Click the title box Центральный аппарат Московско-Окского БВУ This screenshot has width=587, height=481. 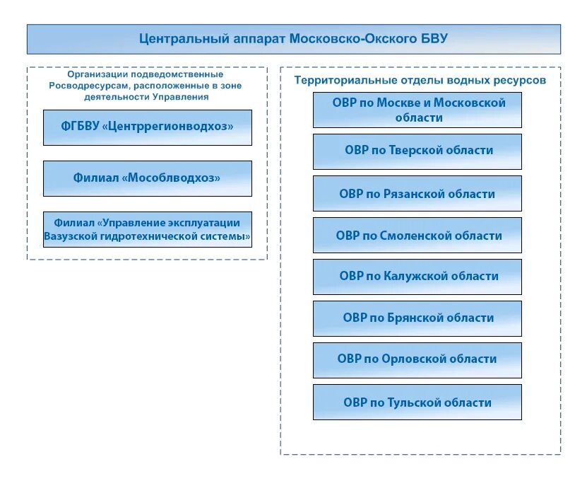293,39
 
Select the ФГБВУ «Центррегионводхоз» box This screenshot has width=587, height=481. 147,127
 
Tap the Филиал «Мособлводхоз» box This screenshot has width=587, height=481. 147,178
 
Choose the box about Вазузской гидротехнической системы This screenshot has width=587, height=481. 147,229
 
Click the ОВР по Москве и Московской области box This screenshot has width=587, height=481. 417,110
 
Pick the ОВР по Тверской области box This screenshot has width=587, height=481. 417,151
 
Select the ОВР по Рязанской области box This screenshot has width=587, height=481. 417,193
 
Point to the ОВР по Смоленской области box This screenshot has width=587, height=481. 417,235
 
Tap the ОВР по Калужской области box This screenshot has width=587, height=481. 417,277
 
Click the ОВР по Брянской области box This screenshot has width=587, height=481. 417,318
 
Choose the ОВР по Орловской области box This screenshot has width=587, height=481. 417,360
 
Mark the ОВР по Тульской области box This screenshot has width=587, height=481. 417,402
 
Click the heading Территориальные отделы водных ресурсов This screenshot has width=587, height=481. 420,80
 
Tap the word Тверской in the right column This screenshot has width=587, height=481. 415,151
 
